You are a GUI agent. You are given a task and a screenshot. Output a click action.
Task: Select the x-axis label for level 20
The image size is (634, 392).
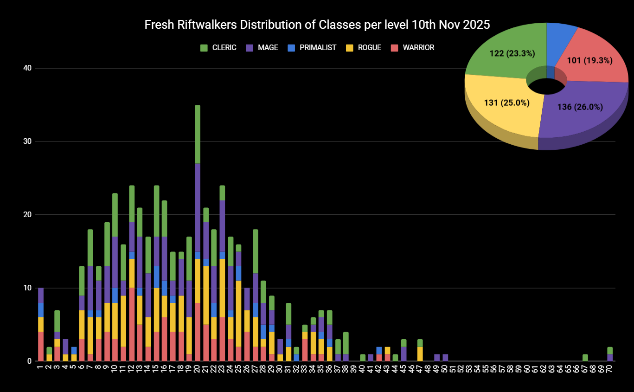pos(198,369)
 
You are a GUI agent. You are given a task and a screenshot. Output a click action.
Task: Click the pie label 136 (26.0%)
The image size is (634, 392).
pos(580,107)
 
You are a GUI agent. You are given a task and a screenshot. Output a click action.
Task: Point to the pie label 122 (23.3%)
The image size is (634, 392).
pos(512,53)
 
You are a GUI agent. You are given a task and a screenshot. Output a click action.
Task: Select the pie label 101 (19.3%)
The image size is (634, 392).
pos(590,60)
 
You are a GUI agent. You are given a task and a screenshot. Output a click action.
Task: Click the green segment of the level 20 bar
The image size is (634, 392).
pos(198,134)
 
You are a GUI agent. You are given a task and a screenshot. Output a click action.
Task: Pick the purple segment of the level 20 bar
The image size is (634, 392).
pos(198,207)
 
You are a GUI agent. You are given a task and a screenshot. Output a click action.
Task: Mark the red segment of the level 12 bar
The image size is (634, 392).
pos(132,324)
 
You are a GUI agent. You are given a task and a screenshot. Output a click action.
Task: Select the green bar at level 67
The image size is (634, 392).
pos(585,357)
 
